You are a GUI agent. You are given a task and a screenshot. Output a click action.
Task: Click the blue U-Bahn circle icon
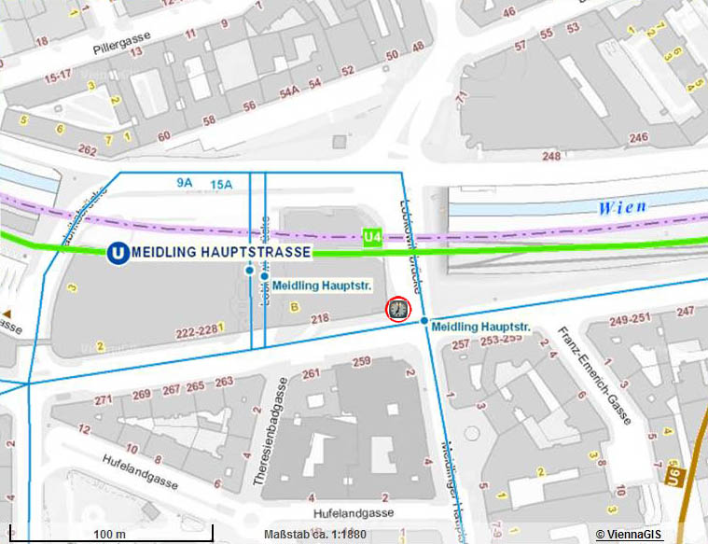(x=118, y=252)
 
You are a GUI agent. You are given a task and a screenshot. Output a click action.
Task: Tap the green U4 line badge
(x=372, y=238)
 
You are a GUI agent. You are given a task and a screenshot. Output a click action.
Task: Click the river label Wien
(x=622, y=206)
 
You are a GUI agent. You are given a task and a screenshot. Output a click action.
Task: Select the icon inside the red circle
(x=398, y=310)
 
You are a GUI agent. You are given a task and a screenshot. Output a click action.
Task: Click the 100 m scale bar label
(x=110, y=533)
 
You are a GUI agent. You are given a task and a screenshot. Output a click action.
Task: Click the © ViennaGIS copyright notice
(x=629, y=534)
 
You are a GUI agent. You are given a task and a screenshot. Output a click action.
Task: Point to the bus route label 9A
(x=183, y=184)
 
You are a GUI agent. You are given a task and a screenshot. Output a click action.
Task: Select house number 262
(x=87, y=149)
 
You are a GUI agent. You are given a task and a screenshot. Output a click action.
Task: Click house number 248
(x=551, y=156)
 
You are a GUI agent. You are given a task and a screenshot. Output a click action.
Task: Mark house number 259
(x=362, y=361)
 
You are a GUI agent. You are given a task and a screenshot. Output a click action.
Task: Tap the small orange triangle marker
(x=7, y=314)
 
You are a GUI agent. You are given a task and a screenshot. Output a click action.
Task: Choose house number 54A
(x=289, y=91)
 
